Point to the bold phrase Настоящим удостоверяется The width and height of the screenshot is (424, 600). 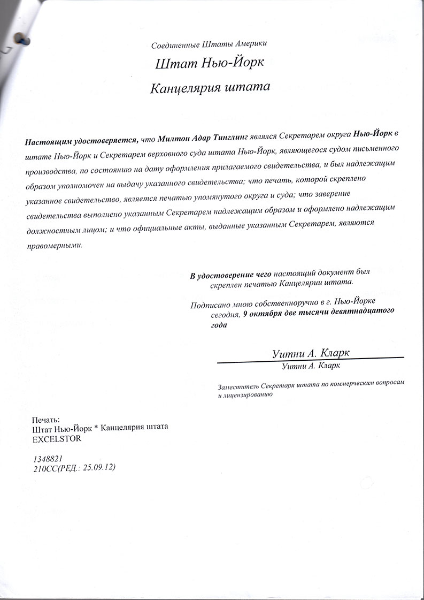coord(81,142)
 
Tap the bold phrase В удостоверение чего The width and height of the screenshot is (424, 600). coord(228,276)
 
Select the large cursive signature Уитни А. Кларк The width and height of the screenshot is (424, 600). coord(311,353)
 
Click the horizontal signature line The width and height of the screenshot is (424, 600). coord(310,360)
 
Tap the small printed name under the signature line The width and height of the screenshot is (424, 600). coord(311,367)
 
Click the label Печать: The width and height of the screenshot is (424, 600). coord(46,419)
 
